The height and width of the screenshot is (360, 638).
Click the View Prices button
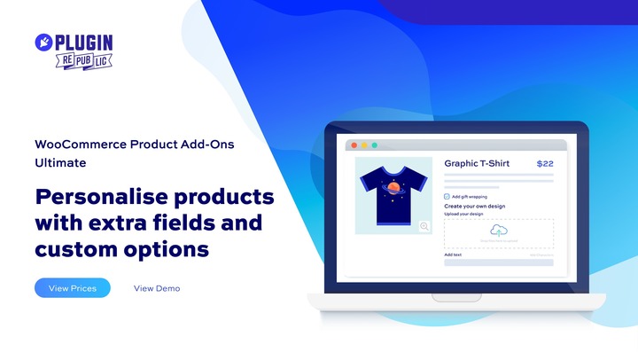73,288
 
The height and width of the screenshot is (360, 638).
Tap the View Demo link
157,288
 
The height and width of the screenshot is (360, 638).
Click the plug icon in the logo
45,43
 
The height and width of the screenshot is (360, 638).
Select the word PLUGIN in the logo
86,43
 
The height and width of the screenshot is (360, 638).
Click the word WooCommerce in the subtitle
74,145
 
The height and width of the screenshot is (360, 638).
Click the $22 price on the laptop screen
545,164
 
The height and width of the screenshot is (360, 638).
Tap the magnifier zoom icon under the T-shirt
424,226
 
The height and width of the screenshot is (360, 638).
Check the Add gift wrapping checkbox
447,196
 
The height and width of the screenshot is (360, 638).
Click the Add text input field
499,262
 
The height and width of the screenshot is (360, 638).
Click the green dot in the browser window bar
374,145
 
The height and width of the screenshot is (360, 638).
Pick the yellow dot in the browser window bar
364,145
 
